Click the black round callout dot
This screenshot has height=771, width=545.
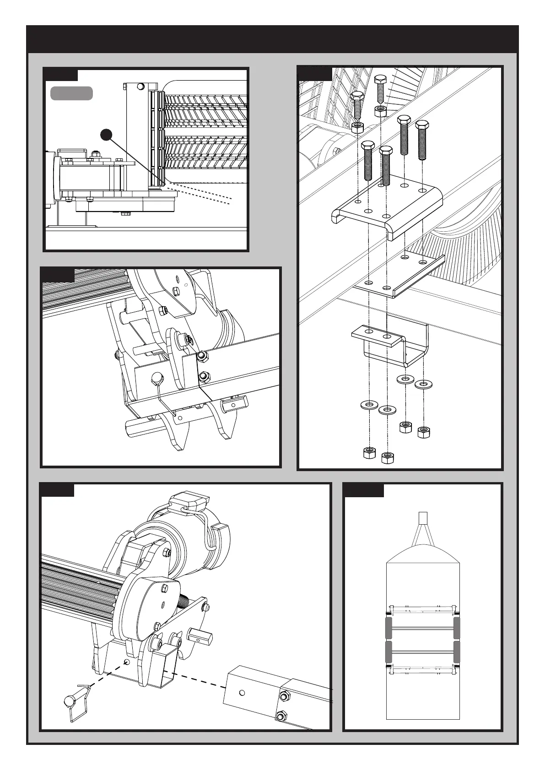106,135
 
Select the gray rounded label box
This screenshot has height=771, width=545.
71,93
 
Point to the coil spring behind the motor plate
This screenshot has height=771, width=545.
183,600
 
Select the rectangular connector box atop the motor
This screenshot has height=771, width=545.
189,501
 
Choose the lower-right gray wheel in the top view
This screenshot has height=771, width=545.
457,652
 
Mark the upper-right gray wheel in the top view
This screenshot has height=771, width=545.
457,627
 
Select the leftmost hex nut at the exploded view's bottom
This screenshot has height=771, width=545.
369,452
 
